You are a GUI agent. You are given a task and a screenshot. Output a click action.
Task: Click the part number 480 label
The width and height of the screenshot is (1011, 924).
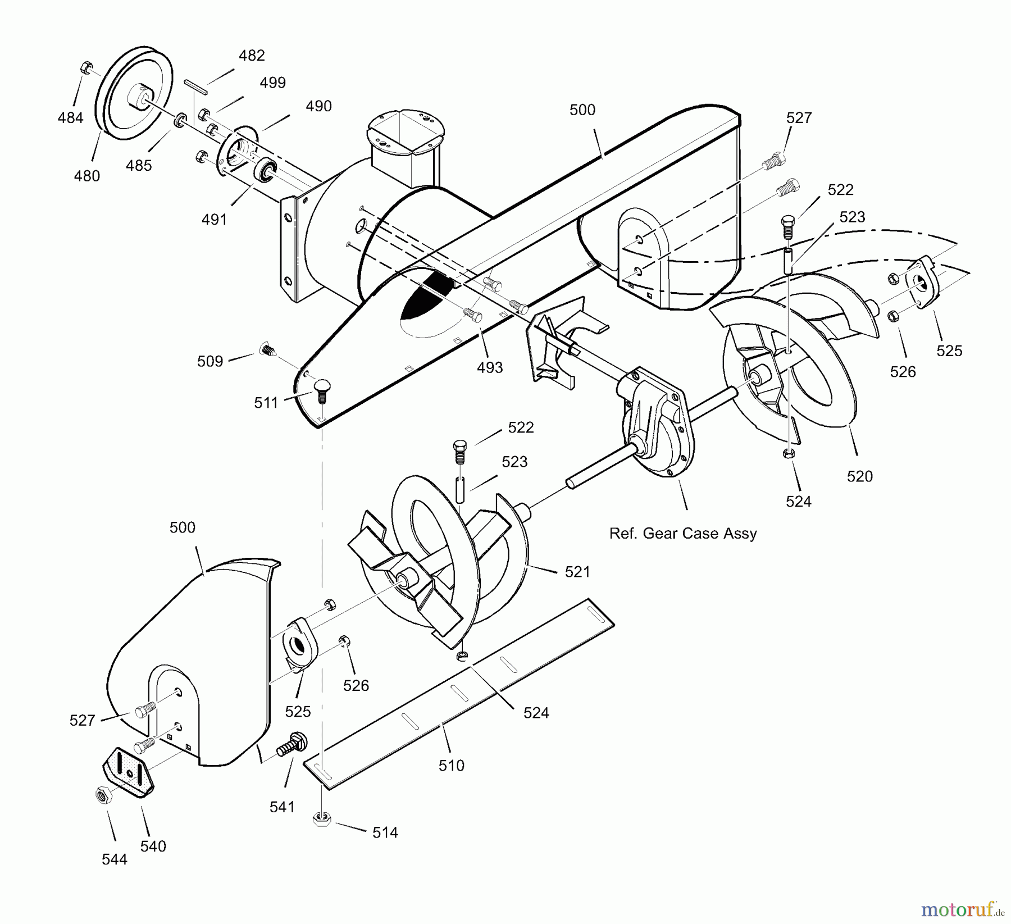coord(86,176)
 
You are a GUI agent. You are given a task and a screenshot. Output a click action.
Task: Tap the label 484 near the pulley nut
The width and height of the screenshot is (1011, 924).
coord(70,118)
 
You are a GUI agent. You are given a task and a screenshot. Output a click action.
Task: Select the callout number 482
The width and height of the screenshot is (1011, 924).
coord(251,56)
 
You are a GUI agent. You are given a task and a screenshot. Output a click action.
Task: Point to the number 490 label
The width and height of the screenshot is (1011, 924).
coord(318,106)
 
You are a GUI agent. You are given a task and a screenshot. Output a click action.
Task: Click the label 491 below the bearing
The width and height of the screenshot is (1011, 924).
coord(214,219)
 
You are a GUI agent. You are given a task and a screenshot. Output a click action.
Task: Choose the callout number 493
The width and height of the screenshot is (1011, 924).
coord(490,367)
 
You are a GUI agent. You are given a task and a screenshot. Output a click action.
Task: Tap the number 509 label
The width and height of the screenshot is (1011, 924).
coord(210,361)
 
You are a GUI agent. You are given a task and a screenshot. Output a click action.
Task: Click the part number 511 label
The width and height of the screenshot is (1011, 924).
coord(266,403)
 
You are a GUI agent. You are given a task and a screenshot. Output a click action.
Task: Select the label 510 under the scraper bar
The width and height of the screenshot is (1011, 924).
coord(452,765)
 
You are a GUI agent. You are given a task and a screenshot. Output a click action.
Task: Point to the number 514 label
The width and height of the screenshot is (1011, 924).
coord(385,832)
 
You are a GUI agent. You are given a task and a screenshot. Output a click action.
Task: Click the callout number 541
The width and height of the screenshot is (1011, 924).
coord(282,807)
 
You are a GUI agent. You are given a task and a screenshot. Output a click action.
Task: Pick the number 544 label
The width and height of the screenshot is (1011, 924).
coord(115,859)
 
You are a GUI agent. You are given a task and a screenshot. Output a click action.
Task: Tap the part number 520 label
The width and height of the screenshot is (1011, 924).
coord(859,476)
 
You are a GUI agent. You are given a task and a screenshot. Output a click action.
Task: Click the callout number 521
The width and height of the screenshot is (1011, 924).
coord(577,572)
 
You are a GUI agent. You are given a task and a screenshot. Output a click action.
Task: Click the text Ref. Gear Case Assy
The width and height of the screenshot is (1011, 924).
coord(683,533)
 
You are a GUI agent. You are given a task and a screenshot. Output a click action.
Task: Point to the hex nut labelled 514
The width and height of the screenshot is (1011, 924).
coord(321,820)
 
